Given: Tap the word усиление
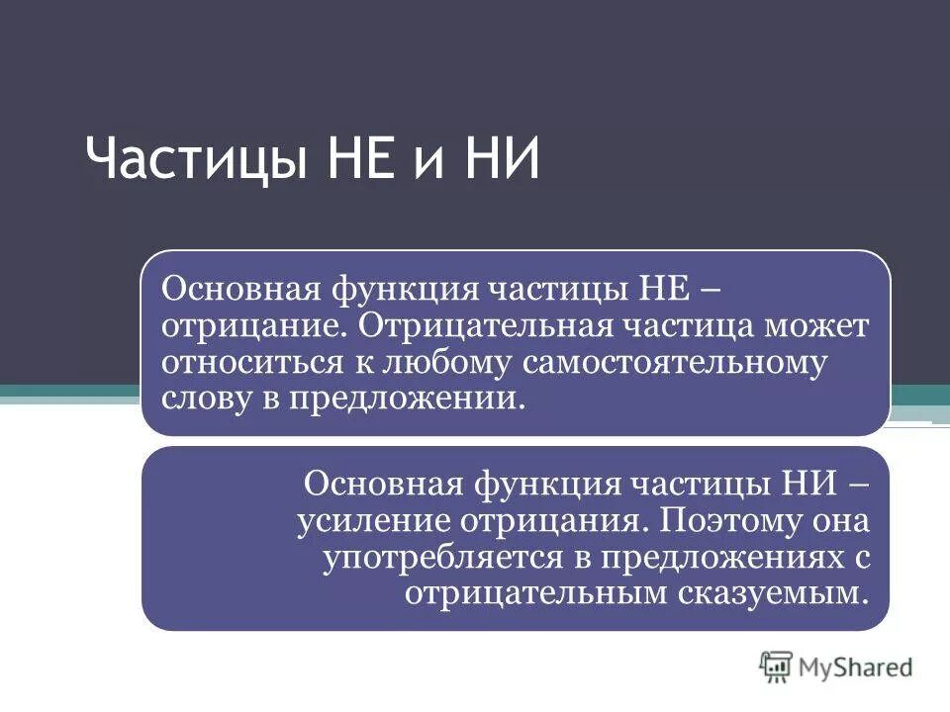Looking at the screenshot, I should (x=370, y=520).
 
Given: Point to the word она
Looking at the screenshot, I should (x=841, y=521).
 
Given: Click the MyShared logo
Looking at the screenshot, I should (x=836, y=667).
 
